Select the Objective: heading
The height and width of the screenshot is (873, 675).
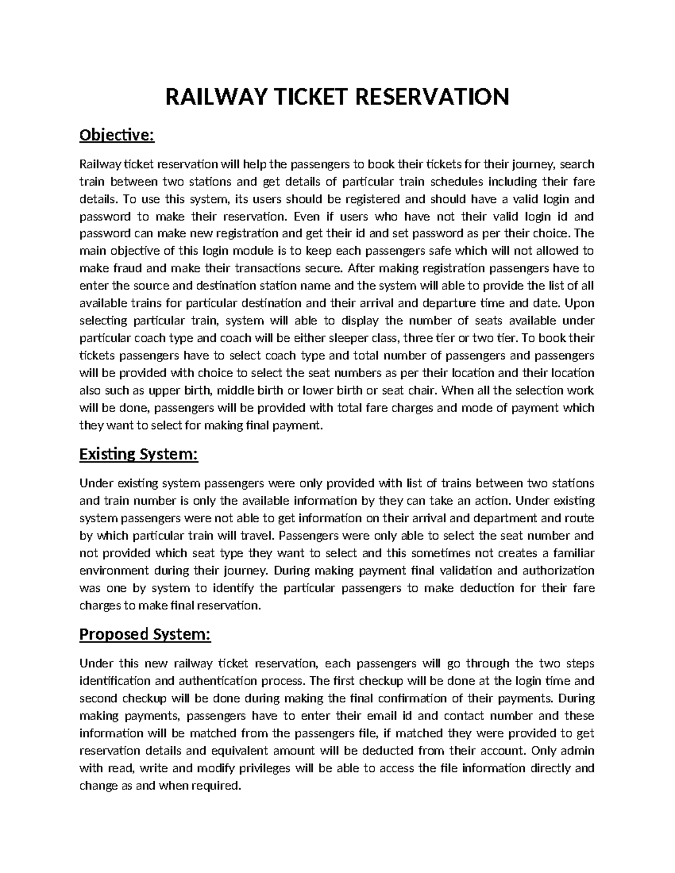(116, 135)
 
